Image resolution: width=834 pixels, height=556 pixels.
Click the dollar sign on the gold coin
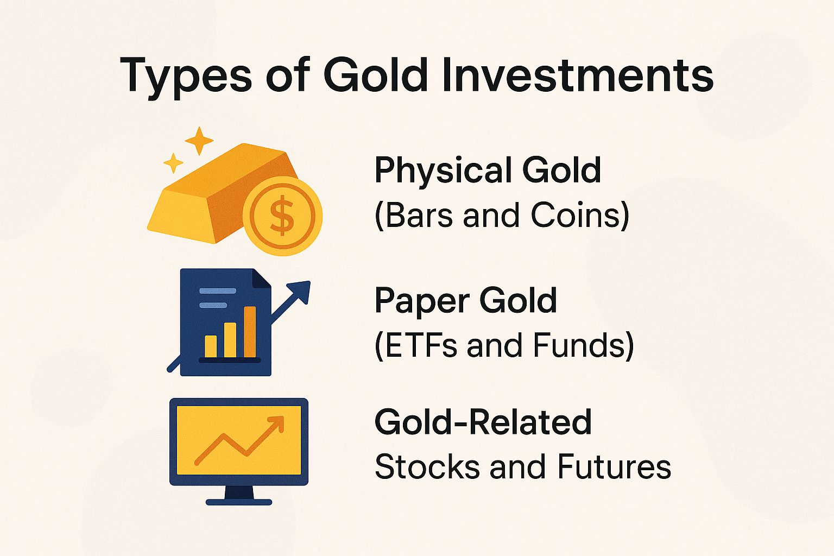pyautogui.click(x=282, y=216)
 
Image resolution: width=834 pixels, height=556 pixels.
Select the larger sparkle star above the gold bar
pyautogui.click(x=199, y=141)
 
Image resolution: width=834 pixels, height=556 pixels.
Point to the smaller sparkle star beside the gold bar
pyautogui.click(x=173, y=162)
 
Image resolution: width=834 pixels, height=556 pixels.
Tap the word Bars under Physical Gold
pyautogui.click(x=421, y=215)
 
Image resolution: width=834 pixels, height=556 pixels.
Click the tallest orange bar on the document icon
pyautogui.click(x=250, y=332)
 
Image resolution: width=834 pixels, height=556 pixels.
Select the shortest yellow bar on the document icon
pyautogui.click(x=211, y=346)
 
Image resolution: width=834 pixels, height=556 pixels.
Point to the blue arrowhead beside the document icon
pyautogui.click(x=300, y=292)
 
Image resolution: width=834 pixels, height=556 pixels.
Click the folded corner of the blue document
pyautogui.click(x=263, y=277)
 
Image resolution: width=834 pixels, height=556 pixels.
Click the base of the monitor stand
pyautogui.click(x=239, y=502)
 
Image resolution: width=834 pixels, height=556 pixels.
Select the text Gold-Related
pyautogui.click(x=483, y=422)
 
